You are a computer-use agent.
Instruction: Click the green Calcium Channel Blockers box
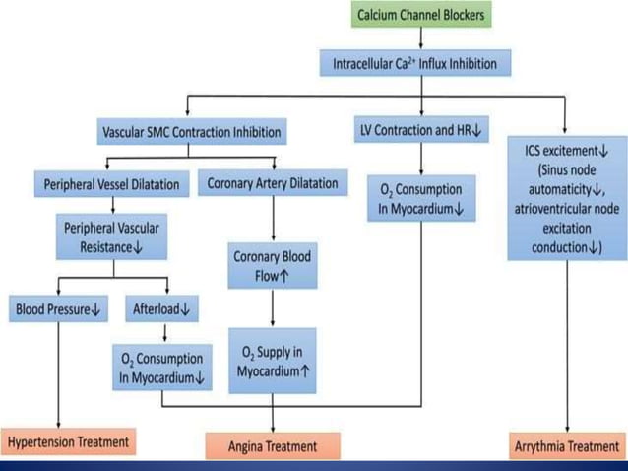pyautogui.click(x=421, y=15)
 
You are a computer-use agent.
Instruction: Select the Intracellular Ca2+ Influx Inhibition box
pyautogui.click(x=421, y=64)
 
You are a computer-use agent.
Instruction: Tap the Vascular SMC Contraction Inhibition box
pyautogui.click(x=191, y=130)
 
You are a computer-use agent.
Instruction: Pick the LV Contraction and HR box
pyautogui.click(x=421, y=128)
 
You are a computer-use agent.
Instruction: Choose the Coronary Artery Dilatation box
pyautogui.click(x=273, y=183)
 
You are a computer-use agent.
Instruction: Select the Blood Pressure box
pyautogui.click(x=58, y=309)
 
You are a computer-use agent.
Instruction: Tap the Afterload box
pyautogui.click(x=161, y=309)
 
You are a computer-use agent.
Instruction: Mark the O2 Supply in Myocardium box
pyautogui.click(x=272, y=361)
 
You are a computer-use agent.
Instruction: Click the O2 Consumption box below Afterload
pyautogui.click(x=161, y=368)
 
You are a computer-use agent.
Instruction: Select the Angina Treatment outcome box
pyautogui.click(x=272, y=446)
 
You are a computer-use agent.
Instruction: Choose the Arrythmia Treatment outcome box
pyautogui.click(x=567, y=446)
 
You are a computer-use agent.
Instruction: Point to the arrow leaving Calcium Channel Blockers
pyautogui.click(x=421, y=39)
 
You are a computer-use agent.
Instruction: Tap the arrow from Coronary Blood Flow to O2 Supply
pyautogui.click(x=272, y=309)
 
